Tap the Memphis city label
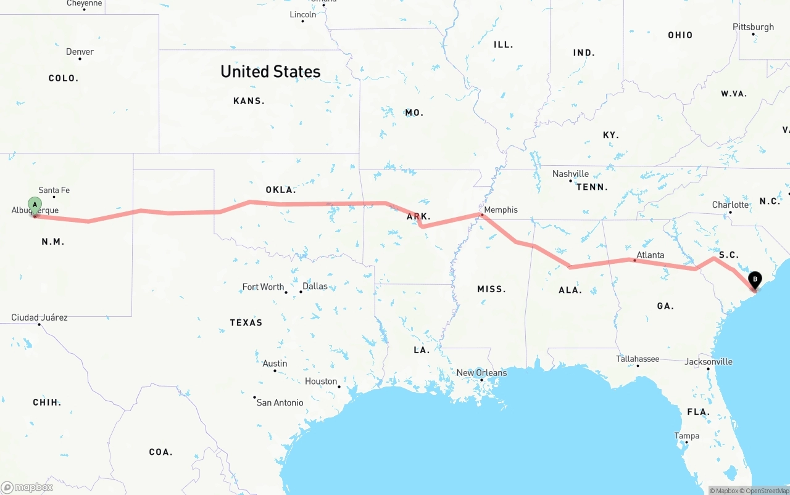point(501,210)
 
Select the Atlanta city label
point(651,255)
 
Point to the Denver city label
point(80,52)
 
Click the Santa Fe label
point(54,190)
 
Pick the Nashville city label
point(570,174)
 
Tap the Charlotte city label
point(730,205)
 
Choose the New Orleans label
point(481,372)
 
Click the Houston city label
point(321,382)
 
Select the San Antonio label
point(280,403)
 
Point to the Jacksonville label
point(709,361)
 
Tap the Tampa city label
point(687,436)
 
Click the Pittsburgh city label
point(753,27)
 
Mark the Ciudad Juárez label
point(39,317)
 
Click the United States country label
point(270,72)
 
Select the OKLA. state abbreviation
point(281,190)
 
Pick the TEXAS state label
point(246,322)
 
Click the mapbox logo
point(27,487)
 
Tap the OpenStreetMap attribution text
point(766,491)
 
